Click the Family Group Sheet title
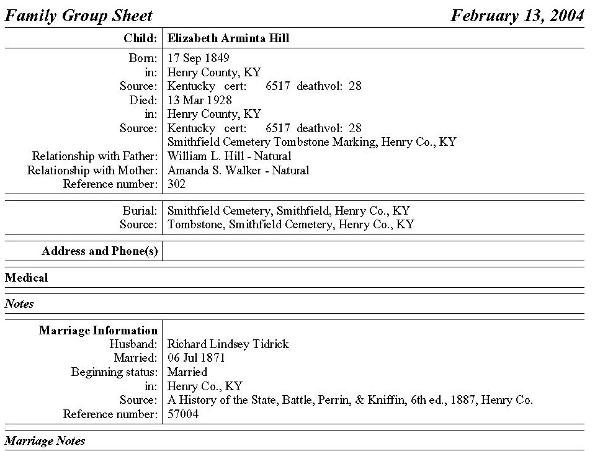79,16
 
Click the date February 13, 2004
517,16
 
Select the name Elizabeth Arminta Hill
228,38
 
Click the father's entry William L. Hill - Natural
229,156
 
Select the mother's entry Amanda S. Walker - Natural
238,170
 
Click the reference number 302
177,184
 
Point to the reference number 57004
183,414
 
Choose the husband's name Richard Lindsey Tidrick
228,344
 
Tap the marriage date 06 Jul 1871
197,358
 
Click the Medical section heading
26,277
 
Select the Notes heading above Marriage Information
19,304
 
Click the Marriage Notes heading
45,441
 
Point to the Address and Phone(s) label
100,251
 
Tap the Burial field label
141,211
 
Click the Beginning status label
115,372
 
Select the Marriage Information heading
98,331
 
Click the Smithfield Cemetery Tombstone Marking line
311,142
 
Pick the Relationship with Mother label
92,170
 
